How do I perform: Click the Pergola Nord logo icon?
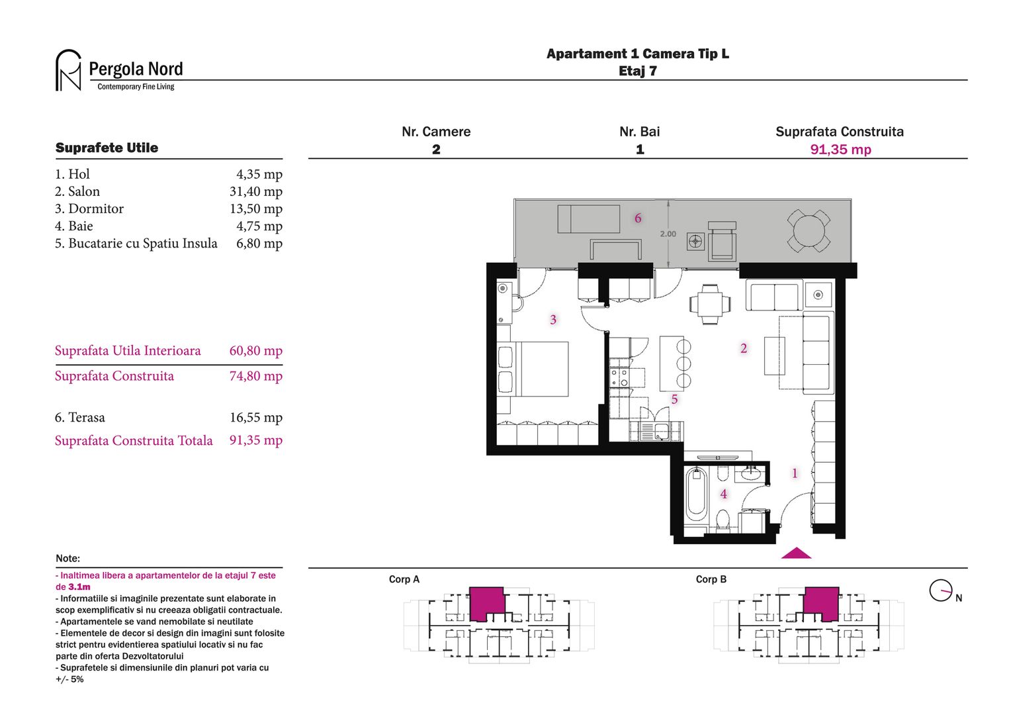coord(68,70)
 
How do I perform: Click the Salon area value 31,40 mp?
coord(255,191)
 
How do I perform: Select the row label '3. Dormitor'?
coord(89,209)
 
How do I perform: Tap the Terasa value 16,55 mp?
coord(255,418)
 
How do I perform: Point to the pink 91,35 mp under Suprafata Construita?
coord(840,150)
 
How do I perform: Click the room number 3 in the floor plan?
coord(553,320)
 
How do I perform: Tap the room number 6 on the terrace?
coord(638,218)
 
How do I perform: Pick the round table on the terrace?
coord(809,231)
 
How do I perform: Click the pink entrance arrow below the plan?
coord(796,553)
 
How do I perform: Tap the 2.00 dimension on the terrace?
coord(668,234)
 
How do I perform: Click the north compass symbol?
coord(941,590)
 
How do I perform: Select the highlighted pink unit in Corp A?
coord(487,602)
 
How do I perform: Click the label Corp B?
coord(711,579)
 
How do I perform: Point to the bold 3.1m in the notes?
coord(79,587)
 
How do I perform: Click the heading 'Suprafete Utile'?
coord(107,148)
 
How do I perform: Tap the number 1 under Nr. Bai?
coord(640,150)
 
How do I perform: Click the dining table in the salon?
coord(710,304)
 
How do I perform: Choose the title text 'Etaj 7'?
coord(637,71)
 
